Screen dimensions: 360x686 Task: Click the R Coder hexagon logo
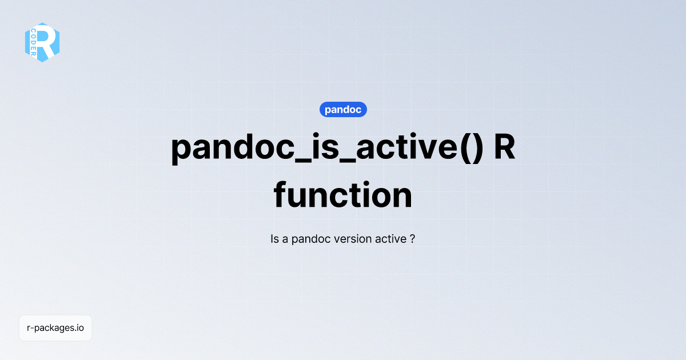click(x=42, y=42)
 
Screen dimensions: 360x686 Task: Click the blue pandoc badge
click(x=343, y=110)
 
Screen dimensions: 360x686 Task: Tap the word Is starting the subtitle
click(x=274, y=239)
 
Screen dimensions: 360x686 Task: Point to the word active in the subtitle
click(x=390, y=239)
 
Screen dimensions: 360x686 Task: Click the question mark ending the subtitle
click(x=412, y=239)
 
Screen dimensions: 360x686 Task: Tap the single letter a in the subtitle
click(x=285, y=239)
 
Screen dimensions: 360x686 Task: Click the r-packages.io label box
click(x=55, y=328)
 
